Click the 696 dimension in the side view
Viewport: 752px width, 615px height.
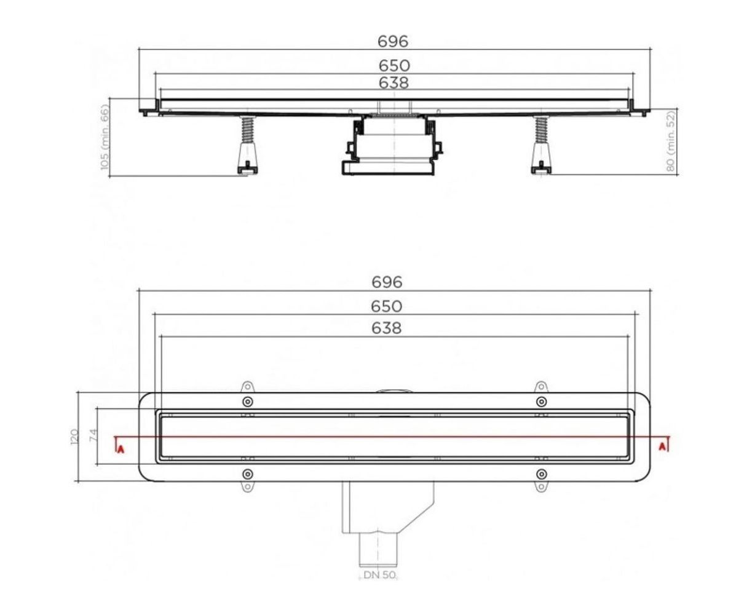pos(392,42)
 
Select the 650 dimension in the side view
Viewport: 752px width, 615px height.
pos(394,66)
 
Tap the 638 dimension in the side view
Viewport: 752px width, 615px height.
pos(394,83)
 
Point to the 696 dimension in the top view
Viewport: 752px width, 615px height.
pos(387,282)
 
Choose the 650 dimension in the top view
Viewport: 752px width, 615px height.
pos(387,306)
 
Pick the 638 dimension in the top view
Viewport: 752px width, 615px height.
pos(387,328)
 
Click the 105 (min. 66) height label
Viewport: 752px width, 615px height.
pos(105,137)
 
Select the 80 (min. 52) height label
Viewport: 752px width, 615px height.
pos(671,141)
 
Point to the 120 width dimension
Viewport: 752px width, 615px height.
pos(74,437)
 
